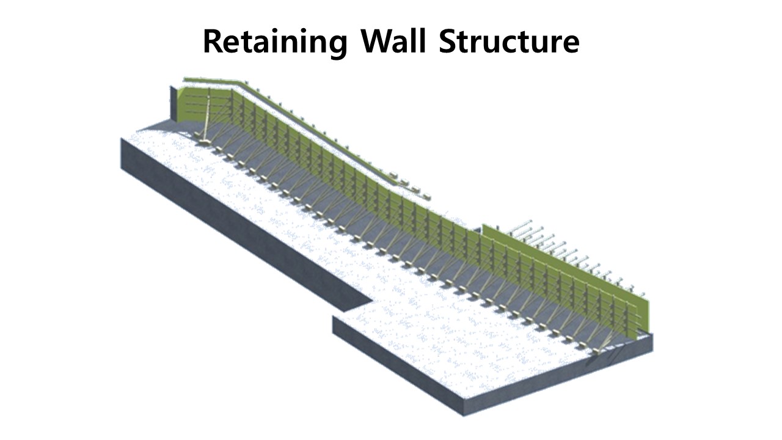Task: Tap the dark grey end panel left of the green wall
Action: tap(174, 104)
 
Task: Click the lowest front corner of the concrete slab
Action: tap(465, 415)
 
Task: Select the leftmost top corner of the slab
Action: tap(122, 138)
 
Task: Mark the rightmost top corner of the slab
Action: tap(652, 334)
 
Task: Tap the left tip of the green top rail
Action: tap(185, 78)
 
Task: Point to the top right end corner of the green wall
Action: tap(645, 294)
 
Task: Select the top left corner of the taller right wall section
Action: tap(483, 226)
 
